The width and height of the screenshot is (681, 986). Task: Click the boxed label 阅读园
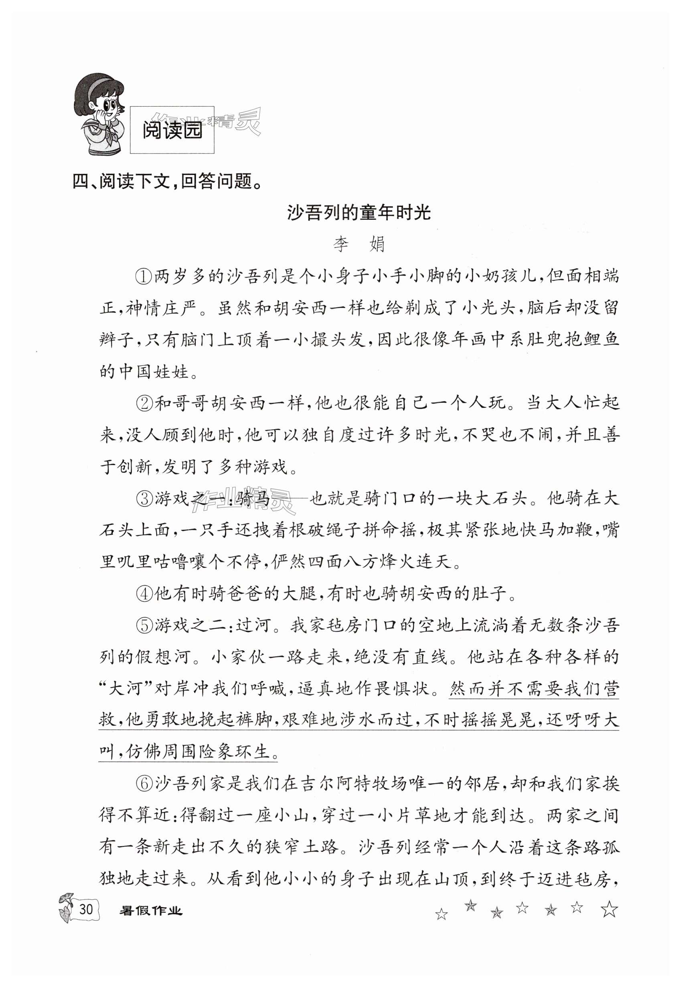pyautogui.click(x=172, y=130)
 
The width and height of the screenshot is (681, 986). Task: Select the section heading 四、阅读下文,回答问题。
pyautogui.click(x=166, y=182)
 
